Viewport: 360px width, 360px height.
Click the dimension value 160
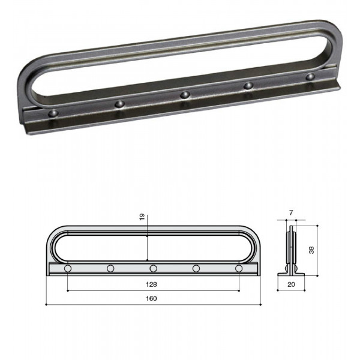[x=151, y=298]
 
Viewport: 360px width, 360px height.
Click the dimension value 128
[x=151, y=284]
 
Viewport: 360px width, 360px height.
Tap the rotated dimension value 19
[x=142, y=217]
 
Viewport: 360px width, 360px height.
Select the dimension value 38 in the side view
[x=311, y=250]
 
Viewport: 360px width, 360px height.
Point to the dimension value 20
[x=291, y=284]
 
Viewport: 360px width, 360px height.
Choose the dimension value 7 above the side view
[x=291, y=213]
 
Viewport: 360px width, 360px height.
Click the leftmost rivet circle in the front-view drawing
[x=68, y=268]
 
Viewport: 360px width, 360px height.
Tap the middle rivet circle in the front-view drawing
[x=154, y=268]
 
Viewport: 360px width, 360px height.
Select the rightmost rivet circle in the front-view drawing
[x=239, y=268]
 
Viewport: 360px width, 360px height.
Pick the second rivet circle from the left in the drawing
[x=110, y=268]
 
